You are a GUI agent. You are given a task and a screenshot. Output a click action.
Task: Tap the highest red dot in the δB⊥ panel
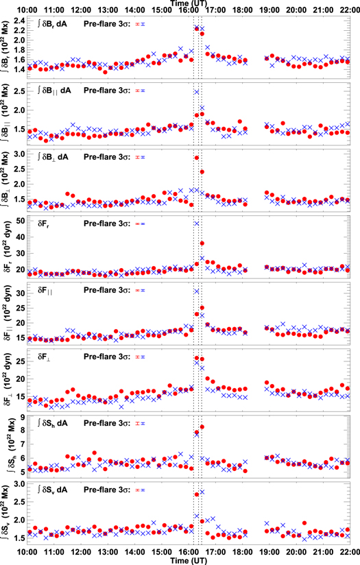click(197, 158)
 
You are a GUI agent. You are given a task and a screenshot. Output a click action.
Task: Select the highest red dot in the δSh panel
click(202, 427)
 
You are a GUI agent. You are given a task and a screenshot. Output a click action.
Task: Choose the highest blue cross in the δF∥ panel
click(197, 291)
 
